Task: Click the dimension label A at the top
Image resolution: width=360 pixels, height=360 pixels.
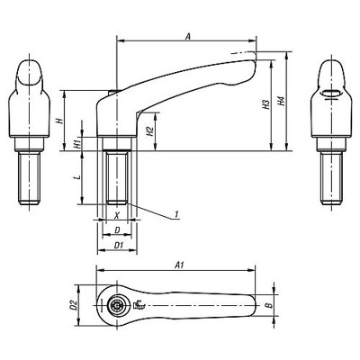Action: click(x=186, y=36)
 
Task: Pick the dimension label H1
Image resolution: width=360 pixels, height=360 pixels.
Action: click(x=77, y=143)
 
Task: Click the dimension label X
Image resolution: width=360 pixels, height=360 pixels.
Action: click(x=116, y=216)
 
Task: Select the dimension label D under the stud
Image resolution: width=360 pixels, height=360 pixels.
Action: click(x=116, y=230)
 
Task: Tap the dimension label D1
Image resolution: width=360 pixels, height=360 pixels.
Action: click(x=117, y=244)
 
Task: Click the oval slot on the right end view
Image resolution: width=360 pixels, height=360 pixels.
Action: click(x=330, y=93)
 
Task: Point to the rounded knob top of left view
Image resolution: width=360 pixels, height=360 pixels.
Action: click(x=28, y=72)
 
